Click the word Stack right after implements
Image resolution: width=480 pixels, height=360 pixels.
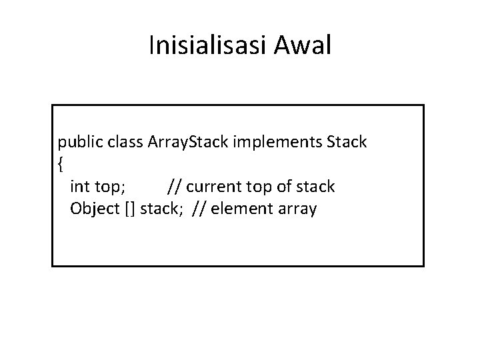coord(345,143)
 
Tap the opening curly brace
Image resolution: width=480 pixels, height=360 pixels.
coord(61,164)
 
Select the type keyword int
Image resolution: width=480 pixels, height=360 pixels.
coord(81,187)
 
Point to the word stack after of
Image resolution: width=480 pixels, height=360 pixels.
coord(315,187)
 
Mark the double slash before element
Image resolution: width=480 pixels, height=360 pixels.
coord(199,209)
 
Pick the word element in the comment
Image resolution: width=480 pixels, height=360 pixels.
coord(241,209)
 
